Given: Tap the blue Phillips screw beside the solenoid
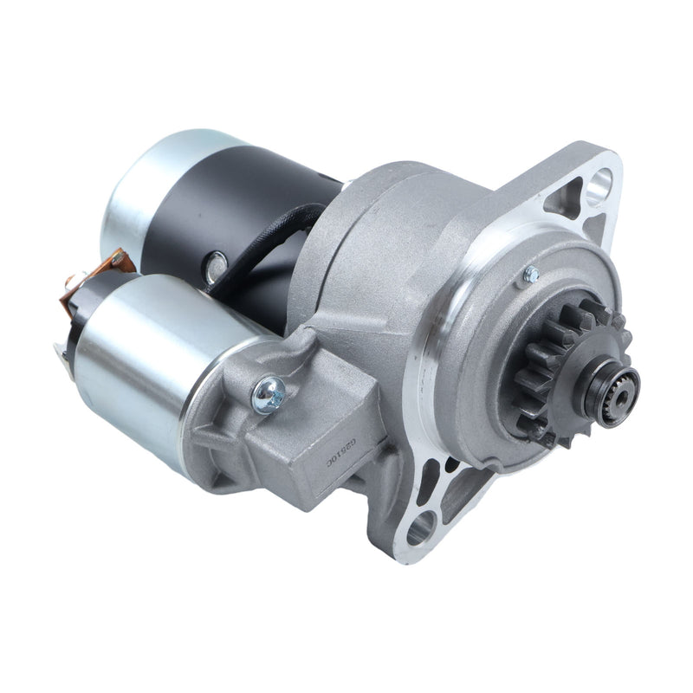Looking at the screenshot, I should pos(268,394).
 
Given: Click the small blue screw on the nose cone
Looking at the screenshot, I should pos(530,275).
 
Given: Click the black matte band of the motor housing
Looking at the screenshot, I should pos(251,199).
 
